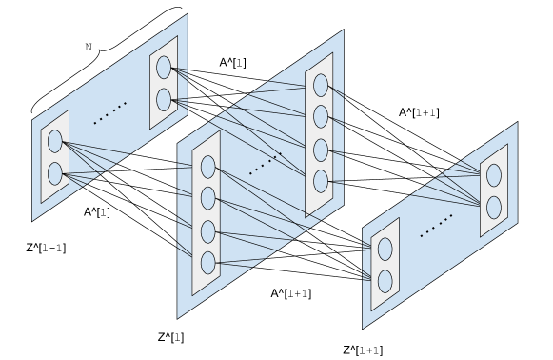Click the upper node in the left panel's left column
[55, 141]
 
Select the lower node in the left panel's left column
[55, 173]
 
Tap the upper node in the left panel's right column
[164, 68]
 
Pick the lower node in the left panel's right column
[164, 100]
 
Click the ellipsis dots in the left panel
[110, 112]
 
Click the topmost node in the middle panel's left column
[208, 167]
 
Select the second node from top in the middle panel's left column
[208, 198]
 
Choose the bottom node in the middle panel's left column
[208, 263]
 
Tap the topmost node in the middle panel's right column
[321, 85]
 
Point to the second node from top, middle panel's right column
[321, 116]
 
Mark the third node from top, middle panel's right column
[321, 150]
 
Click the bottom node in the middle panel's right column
[321, 181]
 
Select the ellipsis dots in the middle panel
[266, 163]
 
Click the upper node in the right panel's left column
[385, 249]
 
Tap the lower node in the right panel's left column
[385, 281]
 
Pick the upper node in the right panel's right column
[494, 175]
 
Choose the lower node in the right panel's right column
[494, 207]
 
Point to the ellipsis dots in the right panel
[437, 226]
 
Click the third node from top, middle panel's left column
[208, 231]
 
